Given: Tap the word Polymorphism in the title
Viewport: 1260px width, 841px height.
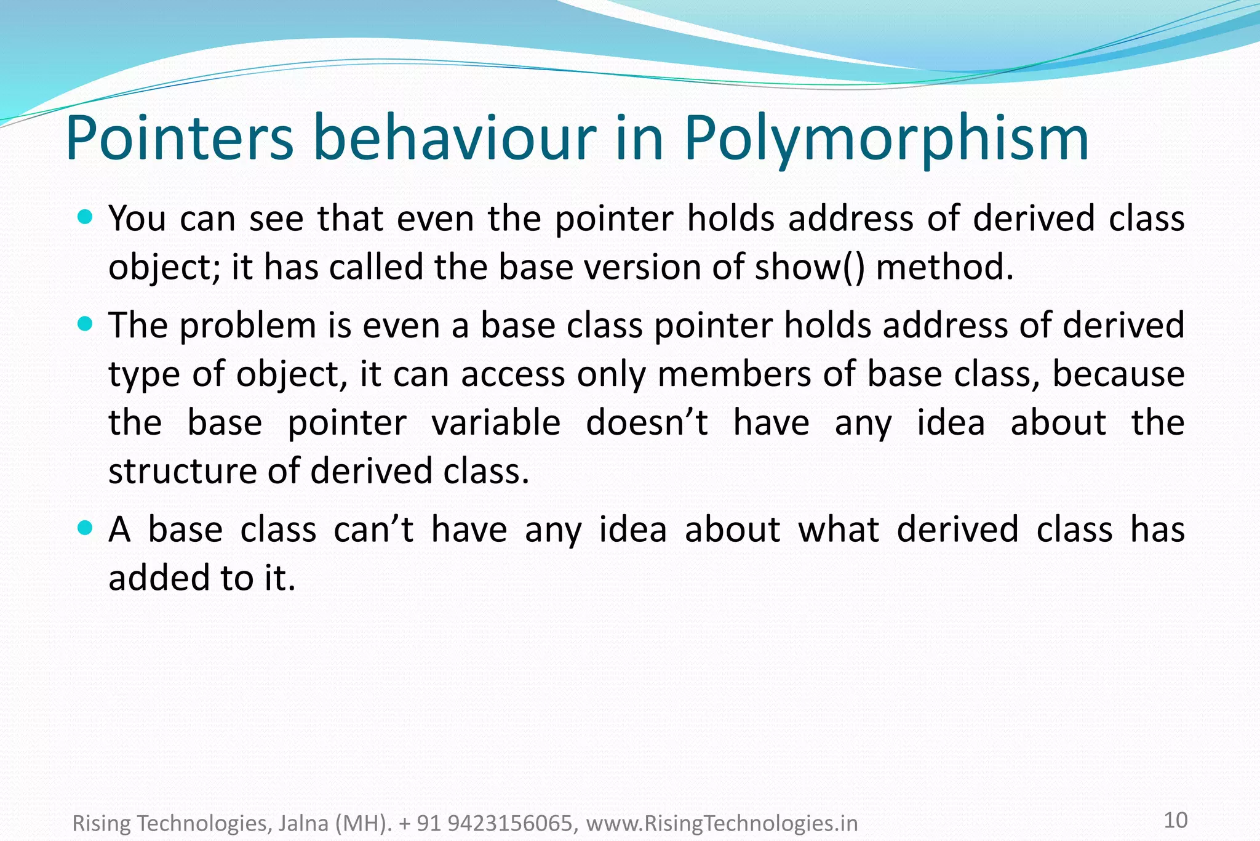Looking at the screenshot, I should click(886, 140).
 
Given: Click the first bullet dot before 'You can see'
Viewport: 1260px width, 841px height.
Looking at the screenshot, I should click(86, 217).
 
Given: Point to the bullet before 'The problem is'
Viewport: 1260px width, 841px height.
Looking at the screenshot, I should click(86, 323).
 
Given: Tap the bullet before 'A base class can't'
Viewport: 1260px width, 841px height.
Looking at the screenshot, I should click(86, 528).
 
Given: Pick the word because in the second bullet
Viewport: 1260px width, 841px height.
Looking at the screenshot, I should click(1118, 374).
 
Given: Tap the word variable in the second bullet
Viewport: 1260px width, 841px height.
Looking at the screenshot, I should click(495, 423).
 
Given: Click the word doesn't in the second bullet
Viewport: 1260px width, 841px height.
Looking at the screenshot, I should click(647, 423).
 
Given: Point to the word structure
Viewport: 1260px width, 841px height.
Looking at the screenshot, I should click(182, 472).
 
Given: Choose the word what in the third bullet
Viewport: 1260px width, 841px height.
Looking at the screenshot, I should click(839, 529).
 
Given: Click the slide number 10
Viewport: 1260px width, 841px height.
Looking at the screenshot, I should click(1176, 820).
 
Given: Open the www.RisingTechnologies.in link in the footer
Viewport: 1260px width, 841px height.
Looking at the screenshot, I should click(722, 823).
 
